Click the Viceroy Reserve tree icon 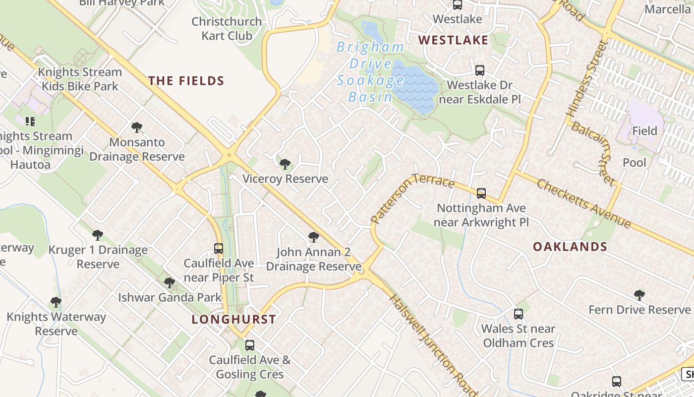285,164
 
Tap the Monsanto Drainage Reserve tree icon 137,128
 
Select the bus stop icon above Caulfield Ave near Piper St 219,248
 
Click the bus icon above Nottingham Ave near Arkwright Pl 481,193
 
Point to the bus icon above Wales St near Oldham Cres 518,314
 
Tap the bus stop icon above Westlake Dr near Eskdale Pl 479,70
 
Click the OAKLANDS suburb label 570,247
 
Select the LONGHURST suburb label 233,319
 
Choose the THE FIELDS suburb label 186,81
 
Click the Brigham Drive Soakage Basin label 370,72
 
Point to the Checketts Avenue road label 584,203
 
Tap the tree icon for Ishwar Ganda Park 170,283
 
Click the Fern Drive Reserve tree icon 639,295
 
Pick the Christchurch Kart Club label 227,29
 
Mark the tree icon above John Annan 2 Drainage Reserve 313,237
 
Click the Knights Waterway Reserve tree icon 56,302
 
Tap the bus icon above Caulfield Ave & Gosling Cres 250,345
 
